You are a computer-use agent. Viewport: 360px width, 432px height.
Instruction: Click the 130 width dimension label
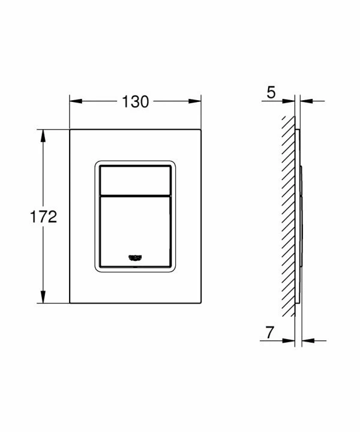click(x=135, y=101)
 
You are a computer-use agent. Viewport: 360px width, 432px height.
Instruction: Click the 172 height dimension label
click(x=43, y=217)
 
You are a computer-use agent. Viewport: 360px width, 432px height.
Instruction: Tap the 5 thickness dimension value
click(x=271, y=92)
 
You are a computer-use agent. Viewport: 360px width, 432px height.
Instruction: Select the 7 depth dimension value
click(x=270, y=332)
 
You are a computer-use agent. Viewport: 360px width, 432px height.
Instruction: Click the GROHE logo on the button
click(x=135, y=257)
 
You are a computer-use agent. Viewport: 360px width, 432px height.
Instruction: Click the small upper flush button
click(x=135, y=180)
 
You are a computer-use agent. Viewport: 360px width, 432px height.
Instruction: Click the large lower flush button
click(x=135, y=232)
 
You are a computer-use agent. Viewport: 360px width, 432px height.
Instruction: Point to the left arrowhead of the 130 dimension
click(x=76, y=101)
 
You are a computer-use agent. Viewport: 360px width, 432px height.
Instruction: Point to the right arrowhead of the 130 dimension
click(x=195, y=101)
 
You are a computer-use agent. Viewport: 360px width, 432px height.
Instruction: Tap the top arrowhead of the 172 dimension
click(x=43, y=136)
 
